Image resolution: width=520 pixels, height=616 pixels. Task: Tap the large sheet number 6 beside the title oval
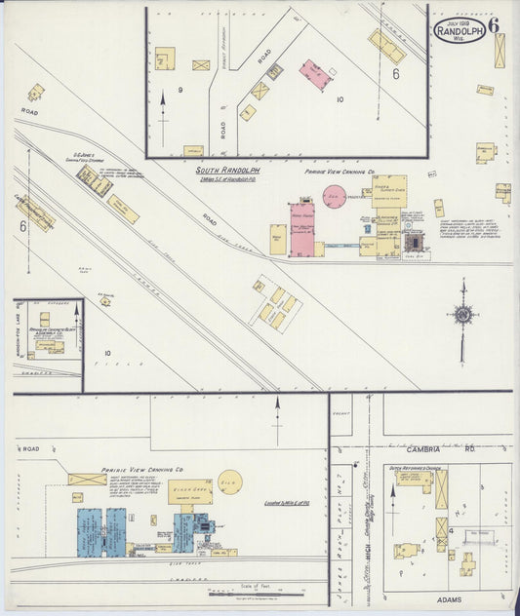tap(495, 26)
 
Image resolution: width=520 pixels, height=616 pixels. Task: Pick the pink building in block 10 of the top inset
tap(313, 74)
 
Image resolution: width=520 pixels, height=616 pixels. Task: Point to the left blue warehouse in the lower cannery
tap(91, 531)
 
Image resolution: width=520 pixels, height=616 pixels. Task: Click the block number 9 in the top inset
tap(180, 90)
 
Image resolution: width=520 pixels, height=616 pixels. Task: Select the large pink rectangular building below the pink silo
tap(303, 228)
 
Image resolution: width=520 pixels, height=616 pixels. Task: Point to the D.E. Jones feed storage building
tap(95, 180)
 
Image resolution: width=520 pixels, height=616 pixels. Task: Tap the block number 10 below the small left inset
tap(106, 353)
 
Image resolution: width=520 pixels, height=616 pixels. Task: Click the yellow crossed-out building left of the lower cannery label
tap(88, 480)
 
